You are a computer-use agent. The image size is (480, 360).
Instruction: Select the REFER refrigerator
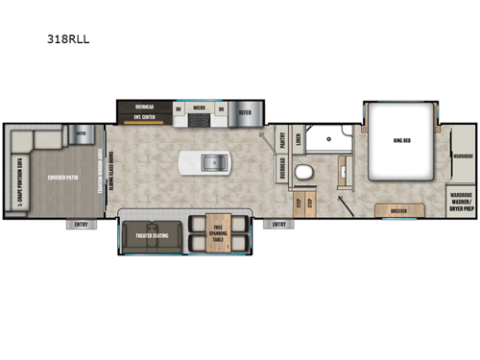coord(246,109)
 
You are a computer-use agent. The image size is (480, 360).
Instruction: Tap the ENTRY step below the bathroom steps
coord(279,225)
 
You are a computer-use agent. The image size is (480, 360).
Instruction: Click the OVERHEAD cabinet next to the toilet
coord(281,177)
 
